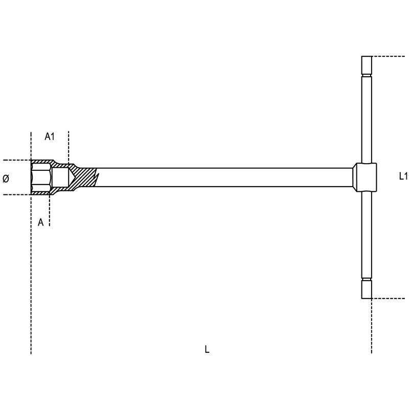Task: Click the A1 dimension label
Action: coord(50,136)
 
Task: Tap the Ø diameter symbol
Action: coord(6,178)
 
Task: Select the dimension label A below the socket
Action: coord(41,222)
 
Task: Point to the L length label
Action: coord(207,349)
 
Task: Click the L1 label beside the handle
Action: coord(403,176)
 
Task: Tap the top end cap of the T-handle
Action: coord(367,65)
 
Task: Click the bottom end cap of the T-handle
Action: coord(367,289)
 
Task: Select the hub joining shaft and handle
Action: coord(365,177)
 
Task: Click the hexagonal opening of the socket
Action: coord(41,177)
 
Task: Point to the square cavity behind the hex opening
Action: coord(60,177)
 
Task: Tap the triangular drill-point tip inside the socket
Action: coord(72,177)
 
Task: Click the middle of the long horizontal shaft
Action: coord(224,177)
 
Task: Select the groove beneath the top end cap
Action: coord(367,76)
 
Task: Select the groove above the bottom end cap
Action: coord(367,279)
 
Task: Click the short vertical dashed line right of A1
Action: coord(69,148)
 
